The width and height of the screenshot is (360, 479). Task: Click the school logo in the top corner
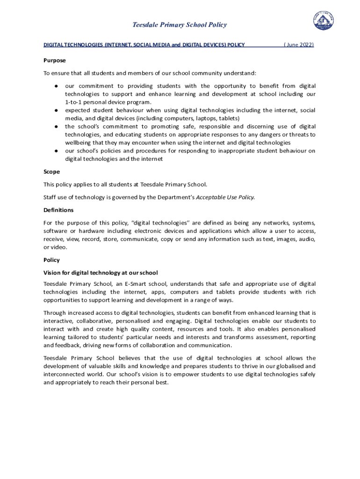[324, 22]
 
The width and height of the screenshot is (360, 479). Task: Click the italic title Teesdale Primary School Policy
[180, 25]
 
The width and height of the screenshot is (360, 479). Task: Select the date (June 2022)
[298, 44]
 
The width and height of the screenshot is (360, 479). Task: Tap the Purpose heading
[55, 60]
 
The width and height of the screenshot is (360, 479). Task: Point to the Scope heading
[51, 172]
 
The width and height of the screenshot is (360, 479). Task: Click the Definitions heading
[58, 210]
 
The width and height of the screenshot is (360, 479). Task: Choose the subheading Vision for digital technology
[101, 273]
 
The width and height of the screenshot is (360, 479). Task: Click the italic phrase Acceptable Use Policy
[225, 197]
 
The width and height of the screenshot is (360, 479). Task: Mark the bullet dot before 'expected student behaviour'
[55, 110]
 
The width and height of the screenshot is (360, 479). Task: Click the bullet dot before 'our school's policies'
[55, 151]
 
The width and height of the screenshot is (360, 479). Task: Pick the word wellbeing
[79, 143]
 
